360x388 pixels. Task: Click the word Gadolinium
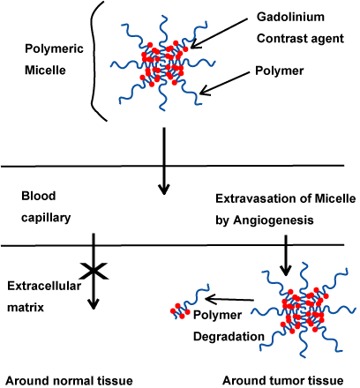(x=290, y=17)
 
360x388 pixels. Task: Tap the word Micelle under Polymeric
(x=45, y=71)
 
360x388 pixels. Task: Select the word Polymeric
(x=54, y=48)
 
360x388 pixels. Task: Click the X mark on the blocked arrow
(x=94, y=271)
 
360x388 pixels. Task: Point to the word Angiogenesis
(x=274, y=220)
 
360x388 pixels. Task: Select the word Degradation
(x=229, y=337)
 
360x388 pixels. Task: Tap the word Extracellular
(x=44, y=286)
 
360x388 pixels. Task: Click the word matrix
(x=26, y=308)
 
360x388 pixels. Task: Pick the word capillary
(x=46, y=218)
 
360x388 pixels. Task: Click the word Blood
(x=39, y=196)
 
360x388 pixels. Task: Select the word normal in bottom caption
(x=71, y=381)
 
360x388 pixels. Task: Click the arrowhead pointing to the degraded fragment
(x=210, y=299)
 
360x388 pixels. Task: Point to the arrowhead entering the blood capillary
(x=164, y=189)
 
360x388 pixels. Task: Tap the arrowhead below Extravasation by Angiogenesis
(x=285, y=271)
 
